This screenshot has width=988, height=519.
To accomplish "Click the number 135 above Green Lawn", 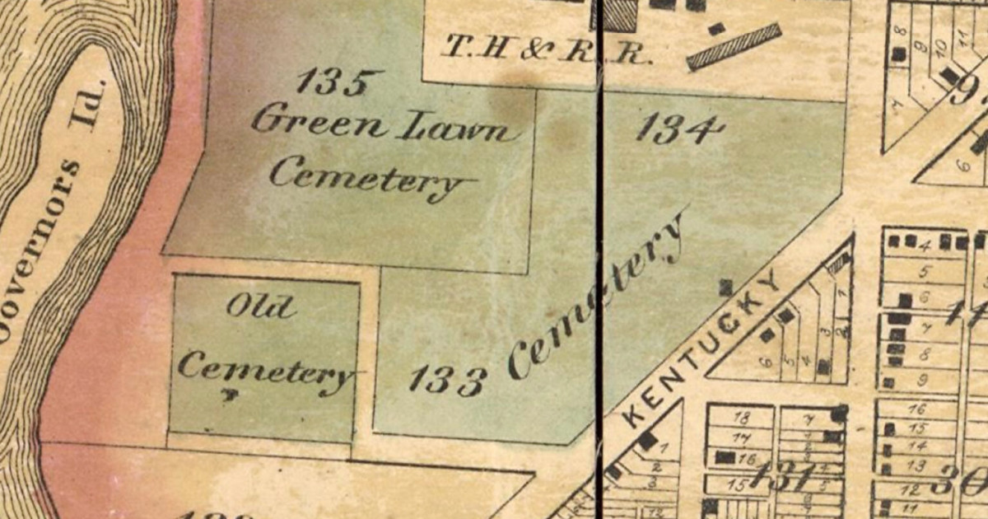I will tap(338, 83).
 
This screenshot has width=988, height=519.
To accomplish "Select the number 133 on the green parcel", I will tap(446, 380).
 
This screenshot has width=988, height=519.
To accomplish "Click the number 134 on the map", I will tap(680, 129).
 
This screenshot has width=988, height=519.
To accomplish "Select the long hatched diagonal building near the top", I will tap(734, 47).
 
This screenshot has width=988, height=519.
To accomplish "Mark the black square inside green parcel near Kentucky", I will tap(725, 287).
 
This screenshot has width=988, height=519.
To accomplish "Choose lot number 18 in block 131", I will tap(740, 418).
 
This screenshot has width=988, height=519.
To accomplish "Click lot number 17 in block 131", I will tap(741, 438).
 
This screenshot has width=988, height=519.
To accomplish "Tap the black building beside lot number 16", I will tap(725, 457).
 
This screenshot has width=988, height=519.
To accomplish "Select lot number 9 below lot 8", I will tap(922, 380).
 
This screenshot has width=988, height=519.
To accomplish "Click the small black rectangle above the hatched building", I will tap(716, 29).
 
